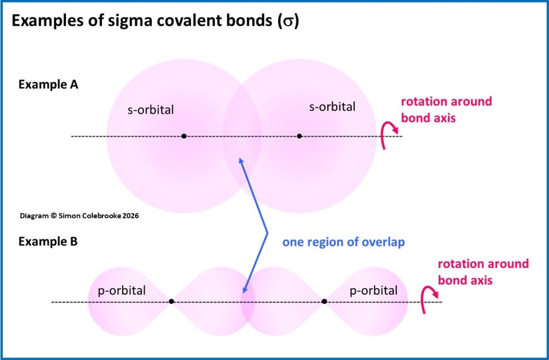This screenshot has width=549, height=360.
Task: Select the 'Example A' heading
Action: pos(48,85)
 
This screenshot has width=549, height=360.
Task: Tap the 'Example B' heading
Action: pos(48,242)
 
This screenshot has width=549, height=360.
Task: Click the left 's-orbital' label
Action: pos(151,110)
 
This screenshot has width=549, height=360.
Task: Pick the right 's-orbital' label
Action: pos(332,107)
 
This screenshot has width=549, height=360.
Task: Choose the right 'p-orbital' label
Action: pos(373,291)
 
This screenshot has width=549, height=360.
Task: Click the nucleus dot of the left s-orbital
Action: pos(184,136)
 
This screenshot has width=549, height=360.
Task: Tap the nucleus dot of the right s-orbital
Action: pos(299,136)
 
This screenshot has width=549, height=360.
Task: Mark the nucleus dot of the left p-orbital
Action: pos(172,302)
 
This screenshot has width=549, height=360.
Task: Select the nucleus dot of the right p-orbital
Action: pos(324,302)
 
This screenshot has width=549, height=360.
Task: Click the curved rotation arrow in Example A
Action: pos(388,136)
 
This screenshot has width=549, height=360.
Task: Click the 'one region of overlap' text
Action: pos(343,242)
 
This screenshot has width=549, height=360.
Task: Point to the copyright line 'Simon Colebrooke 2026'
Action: pos(79,216)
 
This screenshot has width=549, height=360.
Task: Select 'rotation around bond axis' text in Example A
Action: pos(446,110)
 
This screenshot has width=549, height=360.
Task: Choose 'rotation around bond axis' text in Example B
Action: pos(483,272)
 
